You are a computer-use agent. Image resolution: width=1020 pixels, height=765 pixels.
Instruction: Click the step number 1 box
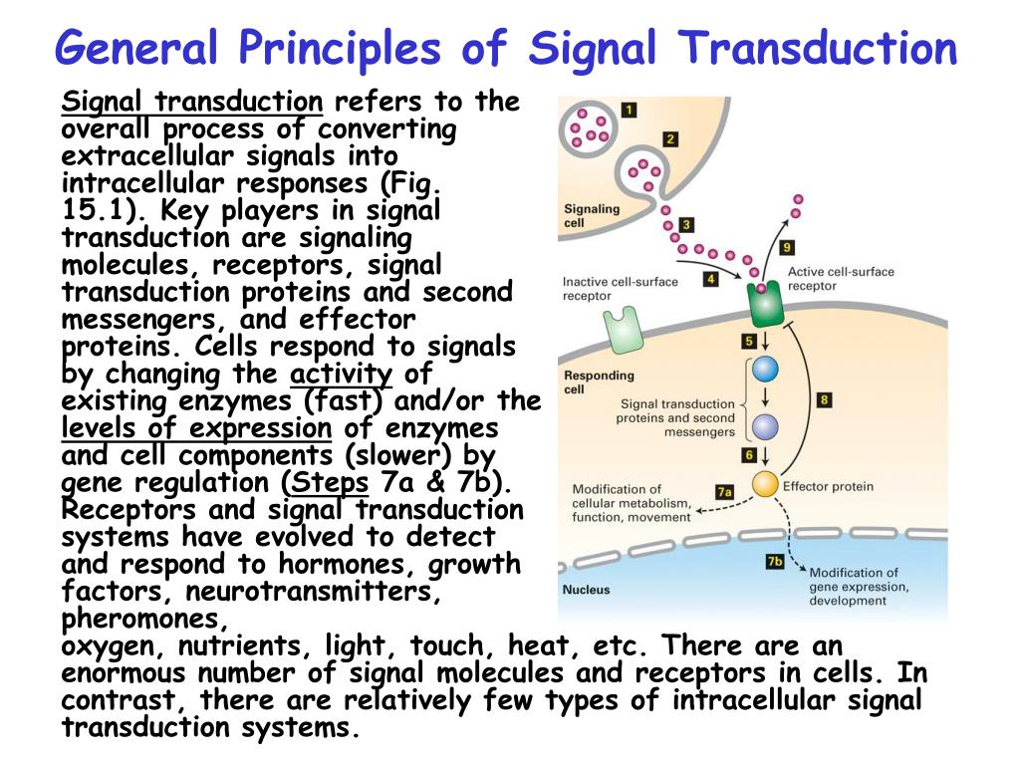[630, 108]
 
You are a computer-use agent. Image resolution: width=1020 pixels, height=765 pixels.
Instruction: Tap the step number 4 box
[710, 279]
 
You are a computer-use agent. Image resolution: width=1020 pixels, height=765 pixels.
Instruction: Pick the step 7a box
[724, 491]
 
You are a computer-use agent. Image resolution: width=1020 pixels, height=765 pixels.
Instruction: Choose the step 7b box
[774, 562]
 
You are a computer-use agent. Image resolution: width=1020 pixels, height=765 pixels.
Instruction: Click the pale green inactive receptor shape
[621, 330]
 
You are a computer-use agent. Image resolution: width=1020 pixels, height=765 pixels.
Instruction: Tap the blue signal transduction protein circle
[764, 370]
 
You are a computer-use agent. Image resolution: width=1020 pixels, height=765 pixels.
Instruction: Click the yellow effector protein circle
[764, 485]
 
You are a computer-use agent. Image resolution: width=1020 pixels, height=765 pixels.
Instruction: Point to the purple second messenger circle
[764, 426]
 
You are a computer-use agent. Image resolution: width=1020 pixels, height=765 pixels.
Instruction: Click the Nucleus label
[587, 590]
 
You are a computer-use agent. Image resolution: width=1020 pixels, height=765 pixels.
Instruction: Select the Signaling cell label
[592, 216]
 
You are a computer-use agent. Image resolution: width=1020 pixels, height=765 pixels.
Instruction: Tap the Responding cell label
[599, 382]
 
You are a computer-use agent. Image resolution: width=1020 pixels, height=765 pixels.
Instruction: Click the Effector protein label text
[828, 486]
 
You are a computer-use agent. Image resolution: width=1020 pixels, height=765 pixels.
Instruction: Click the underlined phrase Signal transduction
[192, 102]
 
